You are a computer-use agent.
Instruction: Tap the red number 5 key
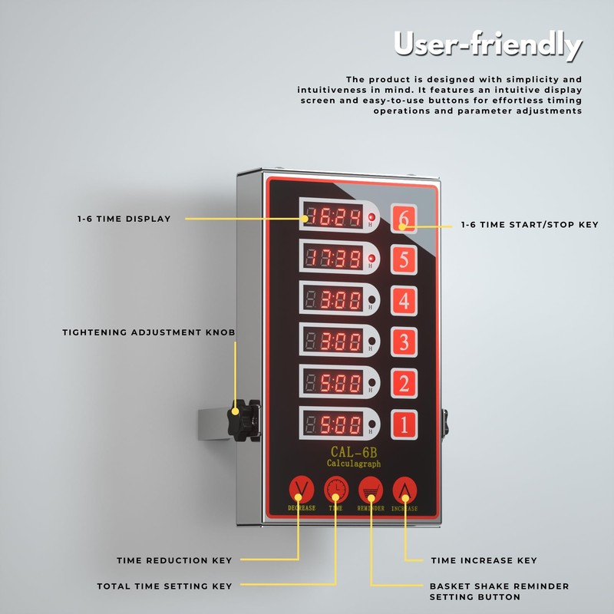point(404,260)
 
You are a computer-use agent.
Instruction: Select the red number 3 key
point(404,342)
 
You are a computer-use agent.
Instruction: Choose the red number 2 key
point(404,382)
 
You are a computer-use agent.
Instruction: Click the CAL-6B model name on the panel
point(353,452)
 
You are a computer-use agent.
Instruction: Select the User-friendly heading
point(487,46)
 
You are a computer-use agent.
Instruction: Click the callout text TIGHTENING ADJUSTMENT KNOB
point(149,332)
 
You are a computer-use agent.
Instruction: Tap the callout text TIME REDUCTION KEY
point(174,560)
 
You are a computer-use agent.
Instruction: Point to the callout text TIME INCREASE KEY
point(484,560)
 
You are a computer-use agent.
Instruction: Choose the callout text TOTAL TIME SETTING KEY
point(164,586)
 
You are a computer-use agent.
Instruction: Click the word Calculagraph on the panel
point(353,464)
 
